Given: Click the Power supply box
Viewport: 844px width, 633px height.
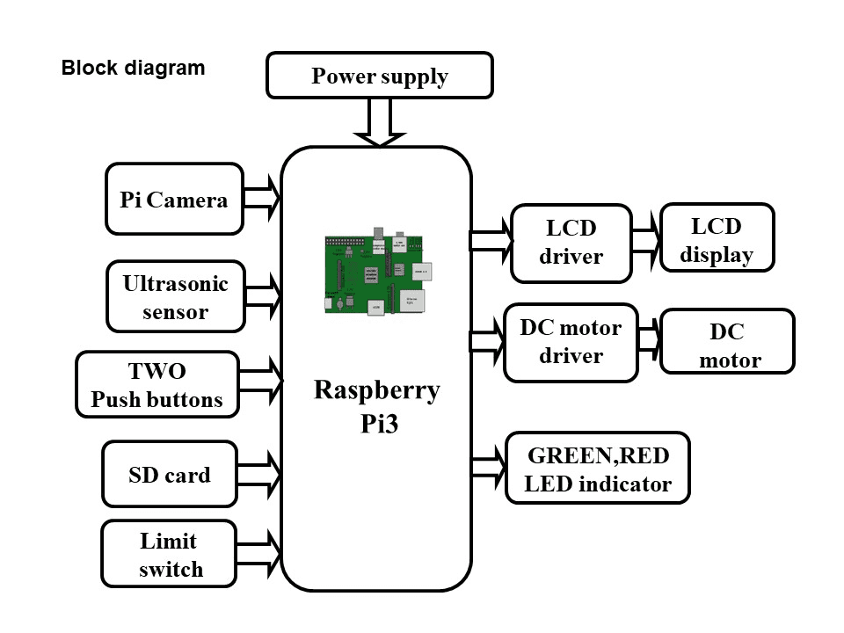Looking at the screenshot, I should [x=379, y=76].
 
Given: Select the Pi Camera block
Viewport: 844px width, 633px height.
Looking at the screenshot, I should [x=174, y=199].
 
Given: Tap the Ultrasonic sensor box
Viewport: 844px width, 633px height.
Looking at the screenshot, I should [x=175, y=296].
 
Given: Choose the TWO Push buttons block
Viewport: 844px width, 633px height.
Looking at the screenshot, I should [x=157, y=385].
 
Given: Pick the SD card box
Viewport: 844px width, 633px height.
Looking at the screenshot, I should [x=170, y=475].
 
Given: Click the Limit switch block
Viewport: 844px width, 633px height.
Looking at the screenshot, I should [x=168, y=555].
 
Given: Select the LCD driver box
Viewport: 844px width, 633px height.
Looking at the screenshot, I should [x=571, y=243].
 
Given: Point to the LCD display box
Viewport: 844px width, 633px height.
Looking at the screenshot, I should [x=717, y=241].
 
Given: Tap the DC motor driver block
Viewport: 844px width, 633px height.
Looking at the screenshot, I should [x=571, y=342].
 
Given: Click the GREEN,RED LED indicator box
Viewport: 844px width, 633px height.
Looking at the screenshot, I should [x=597, y=469].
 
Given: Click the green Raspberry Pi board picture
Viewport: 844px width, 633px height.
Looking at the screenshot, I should [x=379, y=275].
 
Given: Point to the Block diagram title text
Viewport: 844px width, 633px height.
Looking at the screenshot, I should [x=133, y=68].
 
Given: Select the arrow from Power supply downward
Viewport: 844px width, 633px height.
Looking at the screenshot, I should [x=380, y=122].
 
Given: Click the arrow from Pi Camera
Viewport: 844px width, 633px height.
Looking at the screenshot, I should [x=262, y=199].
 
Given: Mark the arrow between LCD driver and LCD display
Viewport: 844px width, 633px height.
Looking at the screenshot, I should [x=645, y=242].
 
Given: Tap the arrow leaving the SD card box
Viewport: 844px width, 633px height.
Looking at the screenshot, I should [x=258, y=475].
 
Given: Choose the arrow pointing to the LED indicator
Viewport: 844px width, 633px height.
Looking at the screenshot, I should [x=490, y=468].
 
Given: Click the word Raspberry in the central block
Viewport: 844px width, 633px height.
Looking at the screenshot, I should [x=376, y=390].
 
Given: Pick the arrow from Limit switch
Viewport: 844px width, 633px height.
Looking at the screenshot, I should [x=258, y=555].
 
